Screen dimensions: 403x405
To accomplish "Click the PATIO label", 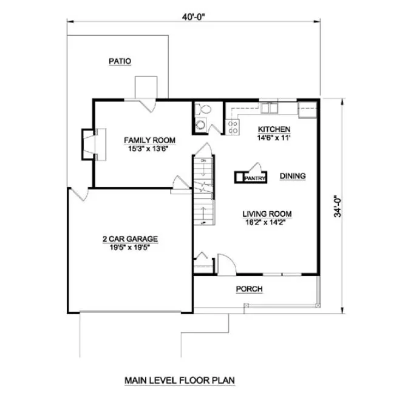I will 120,61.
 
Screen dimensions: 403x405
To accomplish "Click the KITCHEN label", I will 274,129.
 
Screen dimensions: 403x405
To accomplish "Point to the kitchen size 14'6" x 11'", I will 274,137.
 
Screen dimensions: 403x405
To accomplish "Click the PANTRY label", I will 254,179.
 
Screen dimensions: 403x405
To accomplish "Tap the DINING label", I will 292,177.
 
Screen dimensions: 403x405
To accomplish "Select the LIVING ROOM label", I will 267,214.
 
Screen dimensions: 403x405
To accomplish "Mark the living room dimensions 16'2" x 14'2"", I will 267,222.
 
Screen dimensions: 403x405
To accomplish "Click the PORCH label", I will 249,289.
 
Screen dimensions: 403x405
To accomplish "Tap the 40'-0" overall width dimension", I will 192,16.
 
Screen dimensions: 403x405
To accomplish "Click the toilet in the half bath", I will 205,110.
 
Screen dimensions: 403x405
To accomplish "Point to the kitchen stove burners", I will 232,127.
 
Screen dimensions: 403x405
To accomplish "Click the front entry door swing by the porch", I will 225,263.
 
